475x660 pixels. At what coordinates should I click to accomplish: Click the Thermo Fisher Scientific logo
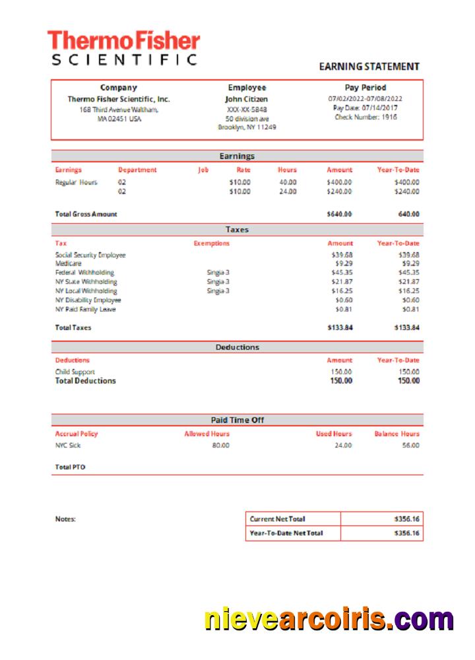click(124, 48)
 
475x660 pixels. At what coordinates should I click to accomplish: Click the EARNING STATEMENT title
click(369, 67)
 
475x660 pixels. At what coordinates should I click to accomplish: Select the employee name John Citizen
click(247, 99)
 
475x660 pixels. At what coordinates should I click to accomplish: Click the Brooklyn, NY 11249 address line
click(247, 127)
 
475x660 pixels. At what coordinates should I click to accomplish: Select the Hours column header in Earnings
click(287, 170)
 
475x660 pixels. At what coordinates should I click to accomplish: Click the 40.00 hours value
click(287, 182)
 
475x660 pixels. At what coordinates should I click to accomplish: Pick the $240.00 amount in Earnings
click(339, 192)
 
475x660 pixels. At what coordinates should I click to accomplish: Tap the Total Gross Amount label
click(86, 214)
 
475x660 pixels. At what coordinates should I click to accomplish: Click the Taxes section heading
click(237, 230)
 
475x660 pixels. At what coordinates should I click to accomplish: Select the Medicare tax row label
click(69, 263)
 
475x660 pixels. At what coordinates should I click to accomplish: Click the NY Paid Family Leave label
click(86, 309)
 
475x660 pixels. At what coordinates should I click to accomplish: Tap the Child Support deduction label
click(75, 372)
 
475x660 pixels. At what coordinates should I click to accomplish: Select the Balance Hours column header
click(396, 434)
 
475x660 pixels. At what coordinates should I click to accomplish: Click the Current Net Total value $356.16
click(406, 519)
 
